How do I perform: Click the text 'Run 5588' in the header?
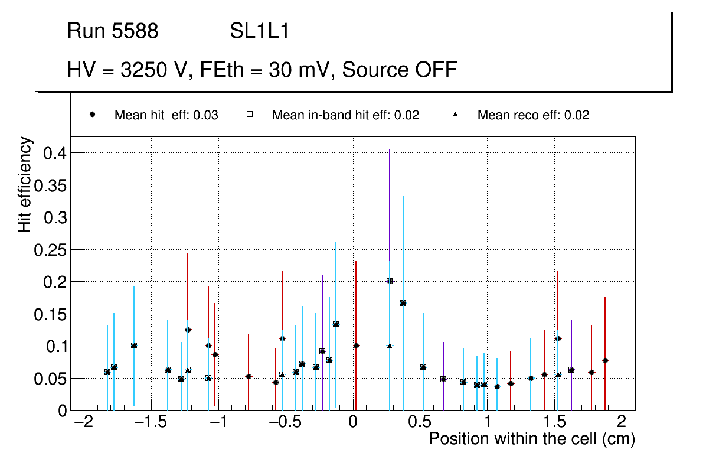coord(113,31)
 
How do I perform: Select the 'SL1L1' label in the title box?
coord(260,31)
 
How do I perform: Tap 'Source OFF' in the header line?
coord(400,70)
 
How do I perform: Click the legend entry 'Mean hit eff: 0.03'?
coord(166,115)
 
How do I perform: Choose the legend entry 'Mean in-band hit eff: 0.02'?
coord(345,115)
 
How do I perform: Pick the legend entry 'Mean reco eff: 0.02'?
coord(533,115)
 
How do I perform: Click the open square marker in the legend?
coord(249,115)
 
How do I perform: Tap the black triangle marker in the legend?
coord(455,115)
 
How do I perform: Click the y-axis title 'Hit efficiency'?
coord(25,184)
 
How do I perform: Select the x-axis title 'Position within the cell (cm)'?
coord(532,439)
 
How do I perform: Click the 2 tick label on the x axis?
coord(622,424)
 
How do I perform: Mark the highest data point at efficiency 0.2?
coord(390,281)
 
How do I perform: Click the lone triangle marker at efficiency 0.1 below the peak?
coord(390,346)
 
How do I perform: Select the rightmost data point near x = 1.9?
coord(605,360)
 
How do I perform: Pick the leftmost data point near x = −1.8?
coord(107,372)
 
